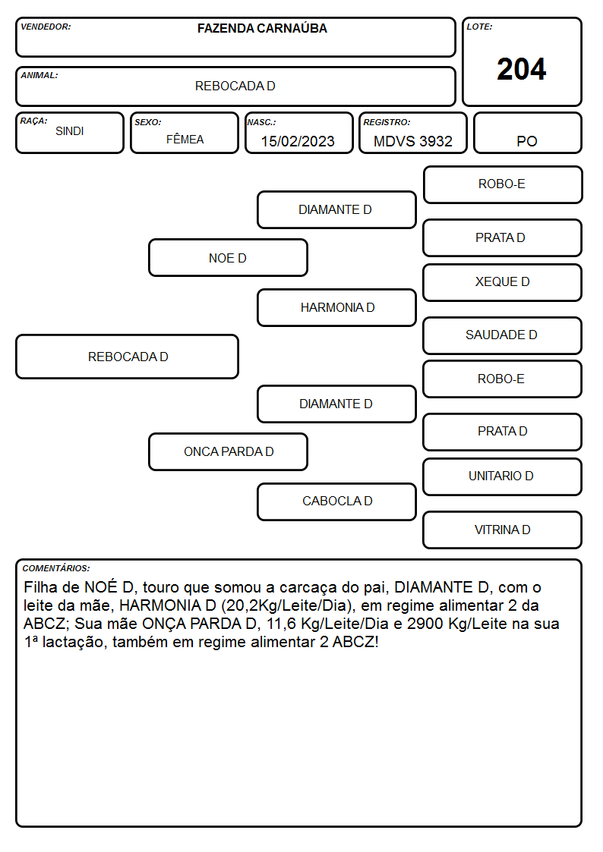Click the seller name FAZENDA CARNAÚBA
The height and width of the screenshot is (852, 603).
[x=262, y=28]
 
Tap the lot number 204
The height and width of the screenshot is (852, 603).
[x=522, y=70]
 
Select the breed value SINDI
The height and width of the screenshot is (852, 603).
[x=70, y=131]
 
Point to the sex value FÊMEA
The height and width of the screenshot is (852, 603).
[x=185, y=139]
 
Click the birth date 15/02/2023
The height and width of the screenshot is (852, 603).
[x=298, y=141]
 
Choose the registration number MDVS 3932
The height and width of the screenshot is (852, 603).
[x=412, y=141]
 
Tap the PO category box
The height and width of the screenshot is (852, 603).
[x=527, y=133]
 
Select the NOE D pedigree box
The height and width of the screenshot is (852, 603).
[x=228, y=257]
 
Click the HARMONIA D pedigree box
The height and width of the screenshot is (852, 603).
[x=337, y=307]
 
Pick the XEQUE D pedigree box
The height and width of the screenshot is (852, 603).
[x=503, y=282]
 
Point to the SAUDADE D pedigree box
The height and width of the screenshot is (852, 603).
[x=503, y=335]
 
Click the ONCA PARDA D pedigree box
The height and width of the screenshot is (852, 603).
[x=228, y=451]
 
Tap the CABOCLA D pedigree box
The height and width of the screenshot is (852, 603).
[x=337, y=501]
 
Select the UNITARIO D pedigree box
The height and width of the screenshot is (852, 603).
[x=503, y=476]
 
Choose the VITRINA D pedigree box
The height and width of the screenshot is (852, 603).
[x=503, y=530]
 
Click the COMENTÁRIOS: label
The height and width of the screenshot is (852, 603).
[x=56, y=568]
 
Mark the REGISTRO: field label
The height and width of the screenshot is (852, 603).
[x=387, y=122]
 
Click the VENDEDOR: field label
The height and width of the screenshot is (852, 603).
[x=46, y=27]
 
